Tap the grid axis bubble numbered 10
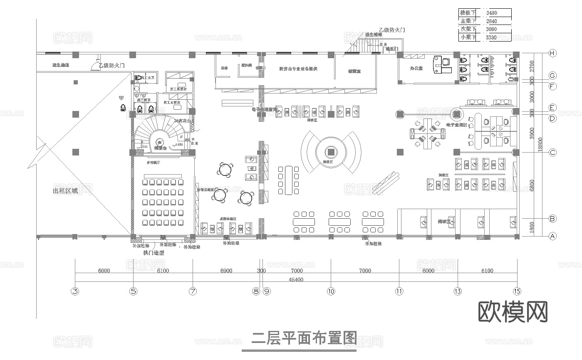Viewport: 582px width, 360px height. (x=331, y=291)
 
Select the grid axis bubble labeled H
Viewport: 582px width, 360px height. (x=552, y=53)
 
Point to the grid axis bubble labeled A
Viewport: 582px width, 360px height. (x=552, y=236)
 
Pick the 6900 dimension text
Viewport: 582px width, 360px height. (x=226, y=271)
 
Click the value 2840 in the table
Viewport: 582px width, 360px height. (x=491, y=21)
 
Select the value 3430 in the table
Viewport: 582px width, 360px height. (x=491, y=13)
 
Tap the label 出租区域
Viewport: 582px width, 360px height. (x=65, y=191)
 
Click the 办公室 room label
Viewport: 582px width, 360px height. (x=416, y=68)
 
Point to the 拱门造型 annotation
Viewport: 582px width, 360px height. (x=154, y=253)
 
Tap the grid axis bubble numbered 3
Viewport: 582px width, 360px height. (x=75, y=291)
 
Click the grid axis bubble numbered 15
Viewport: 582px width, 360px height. (x=517, y=291)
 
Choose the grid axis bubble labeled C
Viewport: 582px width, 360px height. (x=552, y=153)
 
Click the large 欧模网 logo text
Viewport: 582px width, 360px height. (x=513, y=312)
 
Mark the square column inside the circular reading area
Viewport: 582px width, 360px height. (x=331, y=151)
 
